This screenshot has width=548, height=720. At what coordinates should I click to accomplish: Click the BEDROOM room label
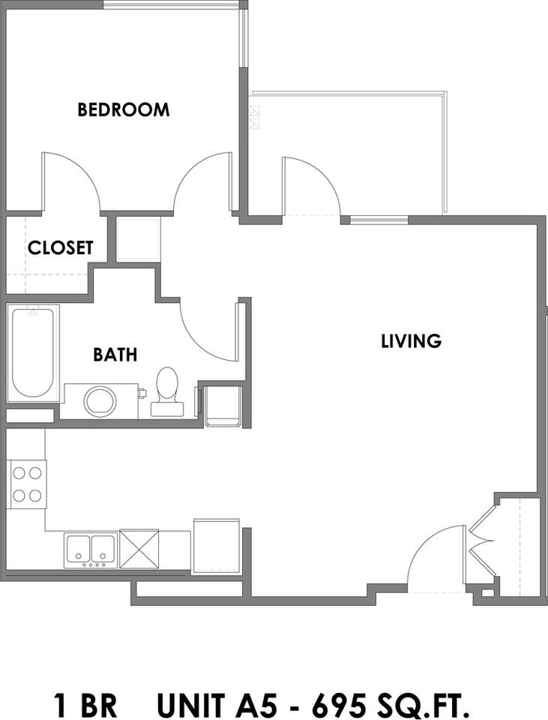click(124, 110)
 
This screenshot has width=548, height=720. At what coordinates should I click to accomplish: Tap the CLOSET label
click(61, 247)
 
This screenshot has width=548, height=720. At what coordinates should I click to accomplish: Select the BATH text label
click(115, 354)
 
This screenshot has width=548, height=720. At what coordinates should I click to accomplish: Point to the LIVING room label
click(411, 341)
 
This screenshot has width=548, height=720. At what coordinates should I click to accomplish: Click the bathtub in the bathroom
click(32, 352)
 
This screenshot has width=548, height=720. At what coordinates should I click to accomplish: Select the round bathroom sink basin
click(100, 400)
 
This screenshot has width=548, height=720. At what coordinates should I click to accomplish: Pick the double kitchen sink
click(90, 549)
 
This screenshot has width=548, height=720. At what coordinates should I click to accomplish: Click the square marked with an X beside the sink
click(139, 548)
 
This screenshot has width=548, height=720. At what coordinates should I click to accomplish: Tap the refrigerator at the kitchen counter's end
click(216, 545)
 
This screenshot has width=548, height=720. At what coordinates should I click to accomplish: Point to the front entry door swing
click(435, 555)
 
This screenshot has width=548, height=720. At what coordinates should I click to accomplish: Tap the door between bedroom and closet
click(71, 180)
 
